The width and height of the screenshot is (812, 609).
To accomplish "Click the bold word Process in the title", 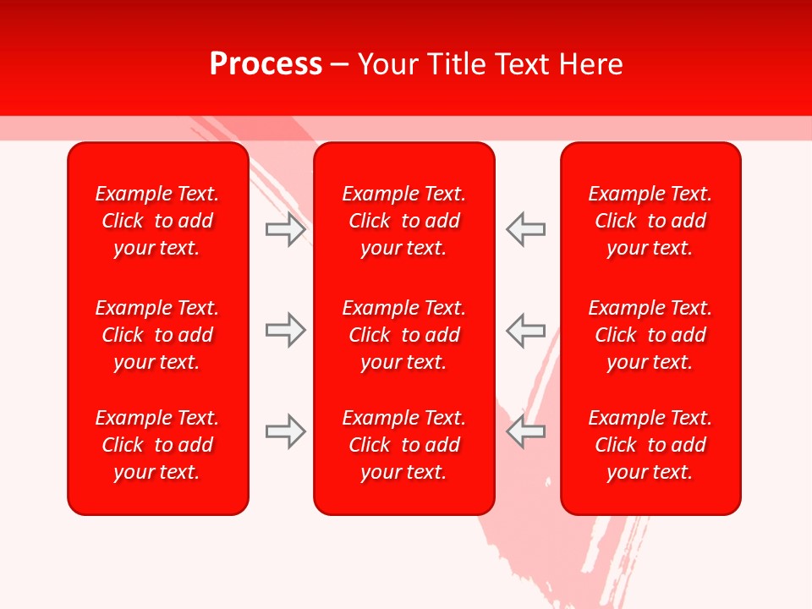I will (266, 64).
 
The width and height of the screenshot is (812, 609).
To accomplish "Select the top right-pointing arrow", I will (286, 229).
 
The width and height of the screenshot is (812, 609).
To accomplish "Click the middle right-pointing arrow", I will (286, 330).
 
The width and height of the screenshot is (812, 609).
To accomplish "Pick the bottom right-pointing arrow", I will (286, 431).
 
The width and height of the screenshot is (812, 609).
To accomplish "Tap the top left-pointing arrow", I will (525, 229).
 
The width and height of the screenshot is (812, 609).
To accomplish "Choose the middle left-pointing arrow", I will (525, 330).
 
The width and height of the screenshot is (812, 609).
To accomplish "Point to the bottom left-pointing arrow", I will (525, 431).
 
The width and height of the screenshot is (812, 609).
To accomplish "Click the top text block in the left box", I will (157, 221).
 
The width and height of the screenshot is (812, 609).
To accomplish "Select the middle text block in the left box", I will (157, 335).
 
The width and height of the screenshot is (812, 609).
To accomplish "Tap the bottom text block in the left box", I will (157, 445).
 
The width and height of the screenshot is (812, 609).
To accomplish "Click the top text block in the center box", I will (403, 221).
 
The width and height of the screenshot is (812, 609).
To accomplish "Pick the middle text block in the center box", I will (403, 335).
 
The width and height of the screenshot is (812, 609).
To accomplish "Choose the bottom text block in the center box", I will (403, 445).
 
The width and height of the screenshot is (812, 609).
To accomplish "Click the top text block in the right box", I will (650, 221).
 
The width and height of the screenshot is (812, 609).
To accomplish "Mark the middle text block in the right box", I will (650, 335).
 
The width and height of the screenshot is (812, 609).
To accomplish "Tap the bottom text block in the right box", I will (650, 445).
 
